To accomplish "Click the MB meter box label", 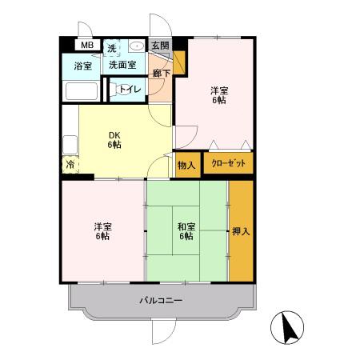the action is (x=87, y=45).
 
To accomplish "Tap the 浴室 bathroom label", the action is (x=82, y=66).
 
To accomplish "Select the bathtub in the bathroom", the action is (x=82, y=91).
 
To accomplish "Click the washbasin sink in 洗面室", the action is (x=136, y=46).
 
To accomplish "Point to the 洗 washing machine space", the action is (x=112, y=48).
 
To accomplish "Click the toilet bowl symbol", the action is (x=114, y=89).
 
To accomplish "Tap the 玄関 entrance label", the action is (x=161, y=46).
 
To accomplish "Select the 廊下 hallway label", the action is (x=162, y=74).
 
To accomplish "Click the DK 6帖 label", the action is (x=114, y=140).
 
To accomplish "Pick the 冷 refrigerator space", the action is (x=70, y=165).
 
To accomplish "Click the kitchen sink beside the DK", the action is (x=70, y=145).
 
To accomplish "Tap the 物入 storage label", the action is (x=186, y=166).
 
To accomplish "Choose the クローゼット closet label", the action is (x=228, y=163).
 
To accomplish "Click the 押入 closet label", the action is (x=241, y=231).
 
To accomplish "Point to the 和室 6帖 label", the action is (x=186, y=231).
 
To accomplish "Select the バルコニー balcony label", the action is (x=161, y=301).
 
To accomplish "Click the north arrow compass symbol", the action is (x=287, y=327).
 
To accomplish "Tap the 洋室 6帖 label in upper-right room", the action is (x=219, y=95).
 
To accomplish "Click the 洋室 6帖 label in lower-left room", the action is (x=102, y=231).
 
